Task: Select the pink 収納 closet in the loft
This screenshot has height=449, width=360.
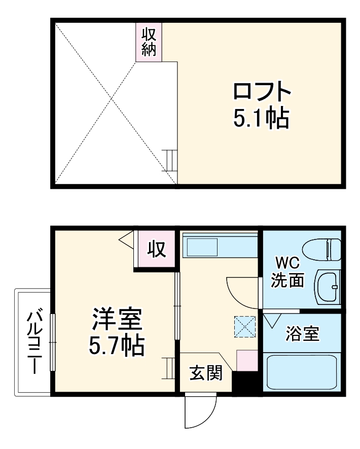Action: pyautogui.click(x=149, y=42)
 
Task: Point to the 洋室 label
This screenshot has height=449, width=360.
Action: pyautogui.click(x=117, y=321)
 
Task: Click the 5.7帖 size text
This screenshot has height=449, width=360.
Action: pyautogui.click(x=116, y=347)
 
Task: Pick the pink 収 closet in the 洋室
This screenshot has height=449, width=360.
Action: pyautogui.click(x=157, y=249)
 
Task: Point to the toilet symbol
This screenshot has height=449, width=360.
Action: pyautogui.click(x=322, y=249)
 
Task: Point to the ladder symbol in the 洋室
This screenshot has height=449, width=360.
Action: pyautogui.click(x=168, y=366)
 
